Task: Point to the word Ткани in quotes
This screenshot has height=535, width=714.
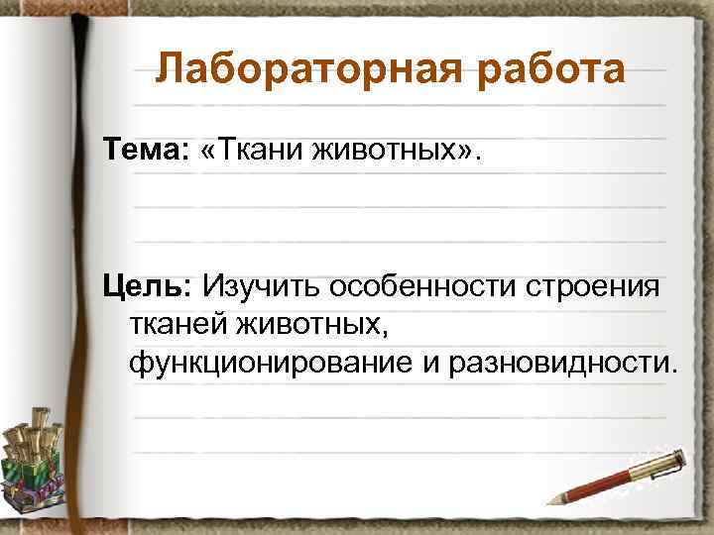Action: [x=261, y=152]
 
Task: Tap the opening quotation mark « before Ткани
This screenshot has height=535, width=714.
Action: [x=209, y=152]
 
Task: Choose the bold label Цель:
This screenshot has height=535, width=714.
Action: [x=149, y=287]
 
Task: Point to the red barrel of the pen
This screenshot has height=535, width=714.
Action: [x=605, y=480]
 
